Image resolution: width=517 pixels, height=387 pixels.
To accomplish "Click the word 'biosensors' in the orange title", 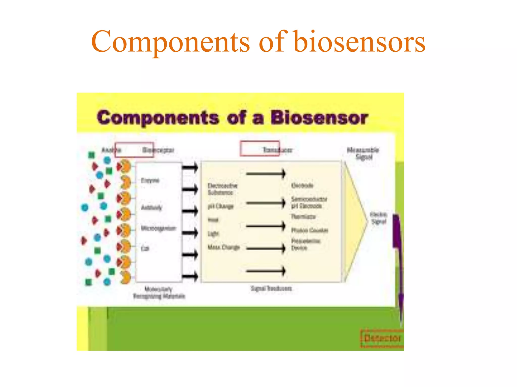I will point(359,42).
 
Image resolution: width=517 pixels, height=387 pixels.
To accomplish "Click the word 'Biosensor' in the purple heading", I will point(319,118).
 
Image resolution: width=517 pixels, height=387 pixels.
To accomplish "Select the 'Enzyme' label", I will point(150,180).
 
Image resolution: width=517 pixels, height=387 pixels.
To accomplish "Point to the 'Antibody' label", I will point(151,208).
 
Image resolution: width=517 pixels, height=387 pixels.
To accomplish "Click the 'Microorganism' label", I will point(158,228).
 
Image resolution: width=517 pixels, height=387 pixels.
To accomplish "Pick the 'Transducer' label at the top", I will point(277,150).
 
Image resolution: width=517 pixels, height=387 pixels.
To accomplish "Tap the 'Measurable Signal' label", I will point(363,153).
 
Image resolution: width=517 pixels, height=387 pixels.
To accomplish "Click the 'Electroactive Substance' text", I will point(222,189).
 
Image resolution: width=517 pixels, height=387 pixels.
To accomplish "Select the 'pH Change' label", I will point(220,206).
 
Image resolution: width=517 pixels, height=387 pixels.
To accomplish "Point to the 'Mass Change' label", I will point(223,247).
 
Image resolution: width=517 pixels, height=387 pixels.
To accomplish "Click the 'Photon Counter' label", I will point(309,230).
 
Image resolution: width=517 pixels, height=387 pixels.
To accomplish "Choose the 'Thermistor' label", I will point(303,217).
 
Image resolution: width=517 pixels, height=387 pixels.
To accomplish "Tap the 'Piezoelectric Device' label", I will point(305,244).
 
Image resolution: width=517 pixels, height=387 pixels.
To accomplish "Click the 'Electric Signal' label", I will point(378,218).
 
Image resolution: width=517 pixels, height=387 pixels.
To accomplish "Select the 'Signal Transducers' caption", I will point(271,288).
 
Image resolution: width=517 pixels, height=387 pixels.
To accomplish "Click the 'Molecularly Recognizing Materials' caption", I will point(159,293).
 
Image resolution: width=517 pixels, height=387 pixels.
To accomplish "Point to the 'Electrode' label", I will point(302,186).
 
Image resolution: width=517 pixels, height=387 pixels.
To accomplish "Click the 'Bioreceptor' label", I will point(158,150).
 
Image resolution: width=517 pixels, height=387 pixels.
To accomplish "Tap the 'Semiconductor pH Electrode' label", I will point(309,202).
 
